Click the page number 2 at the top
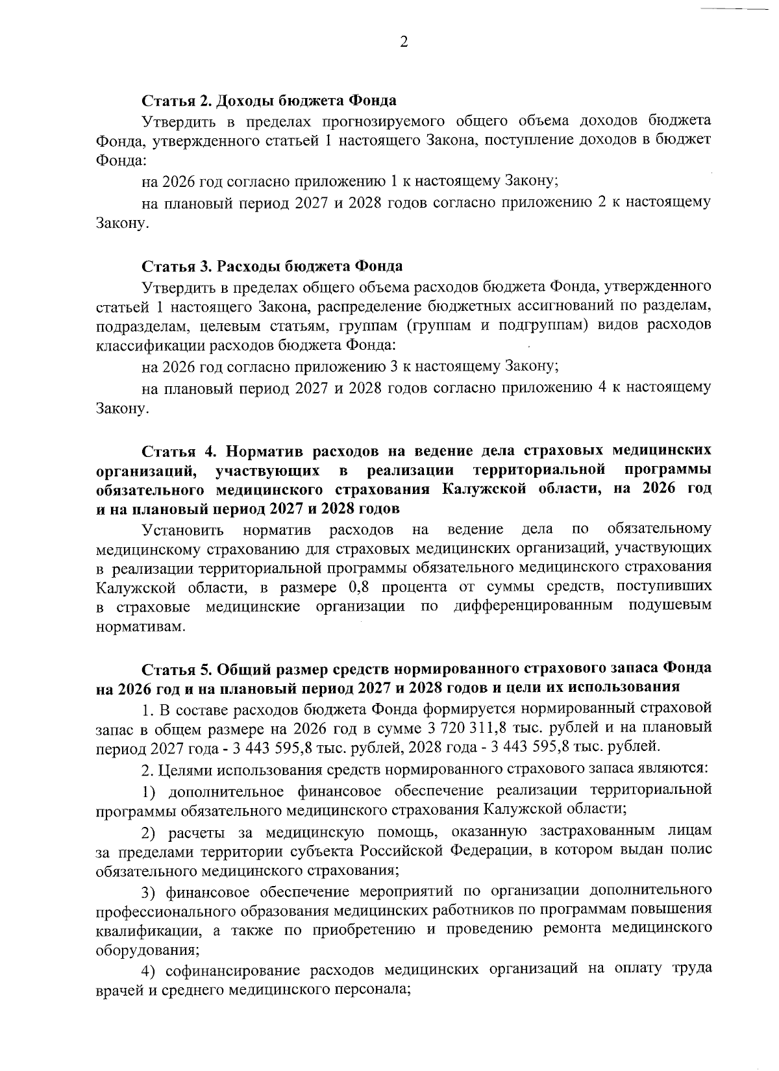(x=403, y=42)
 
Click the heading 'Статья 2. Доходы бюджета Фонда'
(x=269, y=101)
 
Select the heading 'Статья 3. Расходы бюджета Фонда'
(x=272, y=266)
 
